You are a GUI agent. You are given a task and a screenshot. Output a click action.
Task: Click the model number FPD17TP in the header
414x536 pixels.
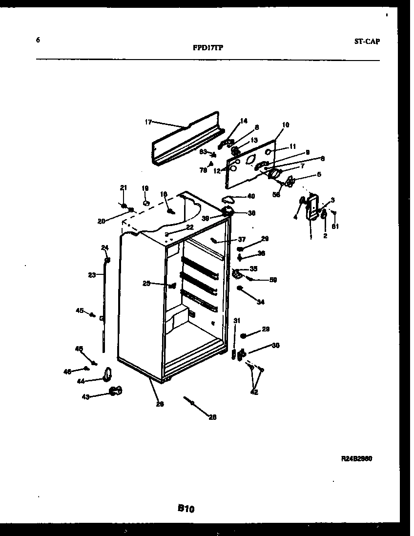(208, 48)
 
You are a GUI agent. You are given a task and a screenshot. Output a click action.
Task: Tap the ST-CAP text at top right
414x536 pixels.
(367, 41)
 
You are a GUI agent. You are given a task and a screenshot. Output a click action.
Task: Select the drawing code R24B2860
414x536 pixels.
(359, 459)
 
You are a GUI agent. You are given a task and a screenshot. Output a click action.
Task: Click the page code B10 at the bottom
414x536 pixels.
(186, 509)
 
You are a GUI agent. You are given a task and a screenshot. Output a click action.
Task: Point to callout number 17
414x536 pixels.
(148, 122)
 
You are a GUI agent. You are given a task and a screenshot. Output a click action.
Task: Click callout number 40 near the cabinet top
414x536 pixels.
(251, 196)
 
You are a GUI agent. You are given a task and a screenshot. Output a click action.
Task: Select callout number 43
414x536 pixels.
(86, 397)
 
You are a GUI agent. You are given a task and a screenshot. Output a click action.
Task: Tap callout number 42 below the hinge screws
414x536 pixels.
(254, 392)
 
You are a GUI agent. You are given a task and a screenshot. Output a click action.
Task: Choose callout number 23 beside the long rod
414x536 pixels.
(92, 275)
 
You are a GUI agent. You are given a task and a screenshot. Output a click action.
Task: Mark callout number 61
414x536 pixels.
(335, 226)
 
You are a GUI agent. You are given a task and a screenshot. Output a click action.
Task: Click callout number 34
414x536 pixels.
(261, 302)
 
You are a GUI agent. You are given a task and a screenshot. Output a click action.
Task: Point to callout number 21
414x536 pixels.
(124, 187)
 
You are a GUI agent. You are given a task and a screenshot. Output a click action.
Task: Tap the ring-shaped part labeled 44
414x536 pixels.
(107, 375)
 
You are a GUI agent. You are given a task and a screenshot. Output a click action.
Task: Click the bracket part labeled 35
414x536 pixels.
(238, 274)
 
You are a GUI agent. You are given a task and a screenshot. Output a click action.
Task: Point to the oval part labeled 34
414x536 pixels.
(241, 289)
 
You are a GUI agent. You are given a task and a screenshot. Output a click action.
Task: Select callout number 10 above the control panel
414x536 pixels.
(286, 125)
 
